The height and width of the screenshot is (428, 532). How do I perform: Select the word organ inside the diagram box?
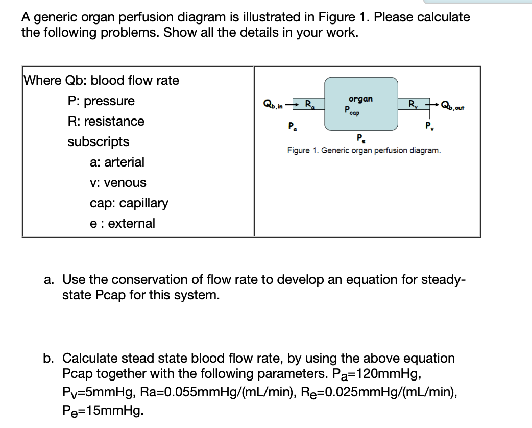coord(360,99)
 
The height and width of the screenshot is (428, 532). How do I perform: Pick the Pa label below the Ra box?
coord(292,126)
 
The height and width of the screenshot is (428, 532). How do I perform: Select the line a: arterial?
coord(117,162)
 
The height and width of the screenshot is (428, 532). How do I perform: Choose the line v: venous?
coord(118,182)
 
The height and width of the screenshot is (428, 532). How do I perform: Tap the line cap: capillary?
coord(129,203)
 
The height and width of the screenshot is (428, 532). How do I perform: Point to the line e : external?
coord(122,223)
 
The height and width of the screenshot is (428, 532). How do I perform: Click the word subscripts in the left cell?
coord(99,141)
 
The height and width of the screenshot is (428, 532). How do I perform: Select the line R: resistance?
coord(106,121)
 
